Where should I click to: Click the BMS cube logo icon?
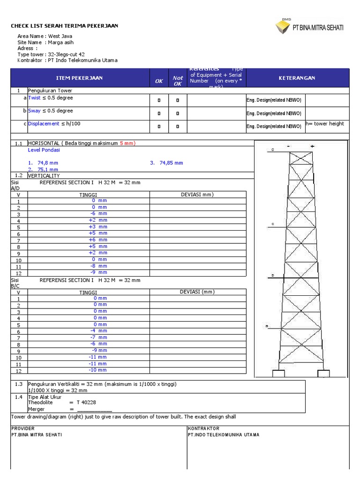283,27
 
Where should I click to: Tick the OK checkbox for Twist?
159,100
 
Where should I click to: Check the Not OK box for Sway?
178,113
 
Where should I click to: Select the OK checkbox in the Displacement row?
159,126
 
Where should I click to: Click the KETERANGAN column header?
297,78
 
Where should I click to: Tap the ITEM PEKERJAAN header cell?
79,78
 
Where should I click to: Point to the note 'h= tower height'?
325,124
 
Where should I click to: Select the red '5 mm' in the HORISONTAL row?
127,143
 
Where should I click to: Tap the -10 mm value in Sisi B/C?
98,370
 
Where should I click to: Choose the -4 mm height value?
98,330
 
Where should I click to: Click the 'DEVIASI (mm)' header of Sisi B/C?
197,292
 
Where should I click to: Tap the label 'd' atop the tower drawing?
272,150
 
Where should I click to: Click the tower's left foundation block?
277,374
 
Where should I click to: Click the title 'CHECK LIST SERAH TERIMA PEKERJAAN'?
65,26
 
